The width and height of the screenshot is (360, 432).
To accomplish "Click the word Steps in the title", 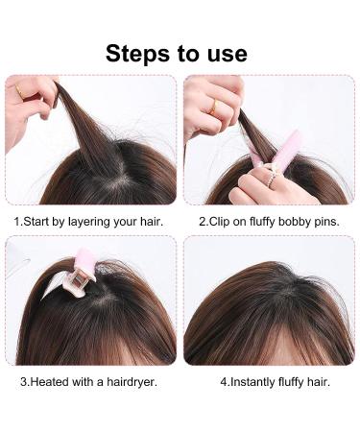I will coord(140,53).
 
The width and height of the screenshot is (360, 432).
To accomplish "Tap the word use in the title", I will coord(223,53).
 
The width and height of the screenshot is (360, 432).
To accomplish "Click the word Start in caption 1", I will coord(37,221).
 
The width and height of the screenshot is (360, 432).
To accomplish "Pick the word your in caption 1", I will coord(133,221).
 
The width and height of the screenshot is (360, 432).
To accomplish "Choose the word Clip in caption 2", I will coord(221,221).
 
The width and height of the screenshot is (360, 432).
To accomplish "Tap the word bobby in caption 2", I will coord(300,221).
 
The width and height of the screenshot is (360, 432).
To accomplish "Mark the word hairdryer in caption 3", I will coord(129,381).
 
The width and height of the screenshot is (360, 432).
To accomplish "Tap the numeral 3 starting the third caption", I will coord(23,381).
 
